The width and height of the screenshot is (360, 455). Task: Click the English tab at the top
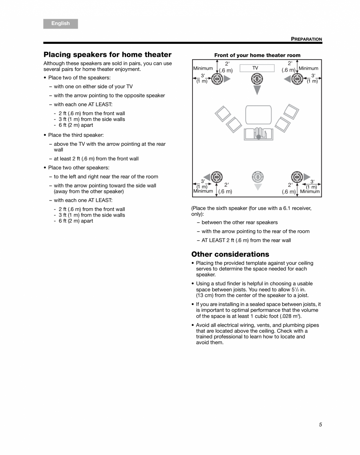61,23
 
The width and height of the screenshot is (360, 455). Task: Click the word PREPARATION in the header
306,39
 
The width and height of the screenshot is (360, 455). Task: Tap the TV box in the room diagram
257,68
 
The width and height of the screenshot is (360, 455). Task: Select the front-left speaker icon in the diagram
217,79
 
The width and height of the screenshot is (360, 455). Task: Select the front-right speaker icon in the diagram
297,79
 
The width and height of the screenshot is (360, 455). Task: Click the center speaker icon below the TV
257,79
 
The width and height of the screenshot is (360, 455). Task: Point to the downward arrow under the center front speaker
257,90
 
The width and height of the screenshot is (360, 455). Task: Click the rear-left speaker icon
217,177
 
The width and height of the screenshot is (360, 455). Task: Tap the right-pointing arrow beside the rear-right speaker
307,177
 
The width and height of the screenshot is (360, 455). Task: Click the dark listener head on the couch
258,137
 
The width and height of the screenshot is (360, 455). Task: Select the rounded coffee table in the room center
258,114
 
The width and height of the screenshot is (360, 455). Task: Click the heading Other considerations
230,254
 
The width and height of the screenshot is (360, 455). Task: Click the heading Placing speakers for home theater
107,54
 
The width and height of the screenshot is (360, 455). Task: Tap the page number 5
320,424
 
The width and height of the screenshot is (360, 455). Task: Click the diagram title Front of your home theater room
257,55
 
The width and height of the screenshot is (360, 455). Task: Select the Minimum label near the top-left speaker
203,68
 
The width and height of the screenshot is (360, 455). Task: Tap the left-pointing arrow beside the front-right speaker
287,79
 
